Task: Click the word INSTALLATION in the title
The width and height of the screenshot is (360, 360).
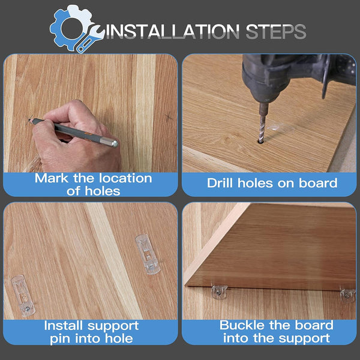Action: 173,31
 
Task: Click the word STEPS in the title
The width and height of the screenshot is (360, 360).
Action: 276,31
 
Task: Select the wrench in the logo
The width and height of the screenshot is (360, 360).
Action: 89,38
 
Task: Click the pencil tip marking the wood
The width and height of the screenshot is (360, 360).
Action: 29,119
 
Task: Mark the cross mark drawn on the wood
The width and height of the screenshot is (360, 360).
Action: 169,117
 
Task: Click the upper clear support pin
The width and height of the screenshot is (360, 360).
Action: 148,254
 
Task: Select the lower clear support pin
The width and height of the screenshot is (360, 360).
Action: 23,296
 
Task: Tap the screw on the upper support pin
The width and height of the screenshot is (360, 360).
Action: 152,267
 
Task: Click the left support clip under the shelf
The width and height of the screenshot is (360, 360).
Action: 219,292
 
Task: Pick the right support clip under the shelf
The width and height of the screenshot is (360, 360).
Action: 348,295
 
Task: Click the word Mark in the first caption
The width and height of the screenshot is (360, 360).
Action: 52,178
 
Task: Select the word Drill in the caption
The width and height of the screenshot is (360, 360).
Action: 220,183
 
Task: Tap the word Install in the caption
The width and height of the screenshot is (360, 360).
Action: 63,326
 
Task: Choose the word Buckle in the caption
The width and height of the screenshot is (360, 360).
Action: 242,325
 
